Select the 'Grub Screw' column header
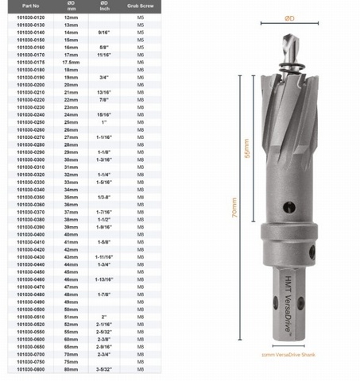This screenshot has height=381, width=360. coord(140,5)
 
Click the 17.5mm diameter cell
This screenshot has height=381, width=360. coord(71,62)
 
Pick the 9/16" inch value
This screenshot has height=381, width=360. coord(104,32)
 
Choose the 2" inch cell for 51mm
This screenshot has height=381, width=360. coord(104,317)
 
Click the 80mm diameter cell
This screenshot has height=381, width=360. coord(71,370)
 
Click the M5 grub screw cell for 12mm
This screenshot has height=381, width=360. coord(140,17)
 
